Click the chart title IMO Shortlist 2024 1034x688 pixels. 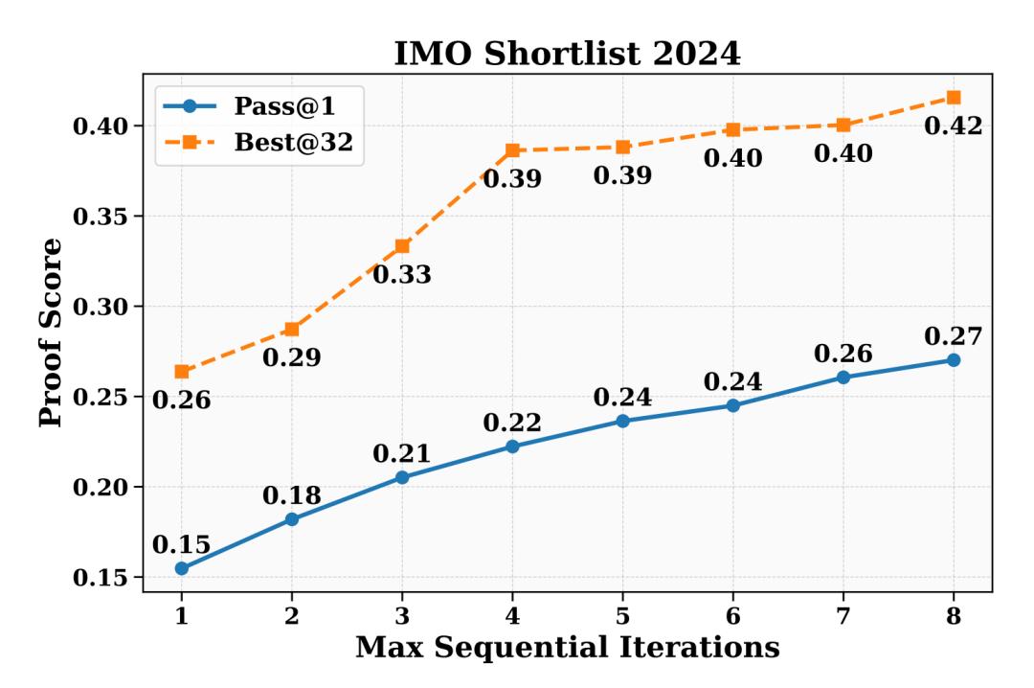(567, 54)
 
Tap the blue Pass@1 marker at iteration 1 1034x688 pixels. (182, 568)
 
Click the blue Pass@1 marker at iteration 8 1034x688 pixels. (954, 359)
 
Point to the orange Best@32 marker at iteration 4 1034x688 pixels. (512, 150)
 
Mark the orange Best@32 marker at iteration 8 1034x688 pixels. (954, 97)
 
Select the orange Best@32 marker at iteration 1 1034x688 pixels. (182, 372)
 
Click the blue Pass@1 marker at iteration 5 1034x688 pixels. (623, 421)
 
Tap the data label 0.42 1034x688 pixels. (954, 126)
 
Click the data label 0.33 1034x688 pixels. (402, 275)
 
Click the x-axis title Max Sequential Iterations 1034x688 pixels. (567, 648)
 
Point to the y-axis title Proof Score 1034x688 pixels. (54, 332)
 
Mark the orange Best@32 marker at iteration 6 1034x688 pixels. (733, 129)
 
